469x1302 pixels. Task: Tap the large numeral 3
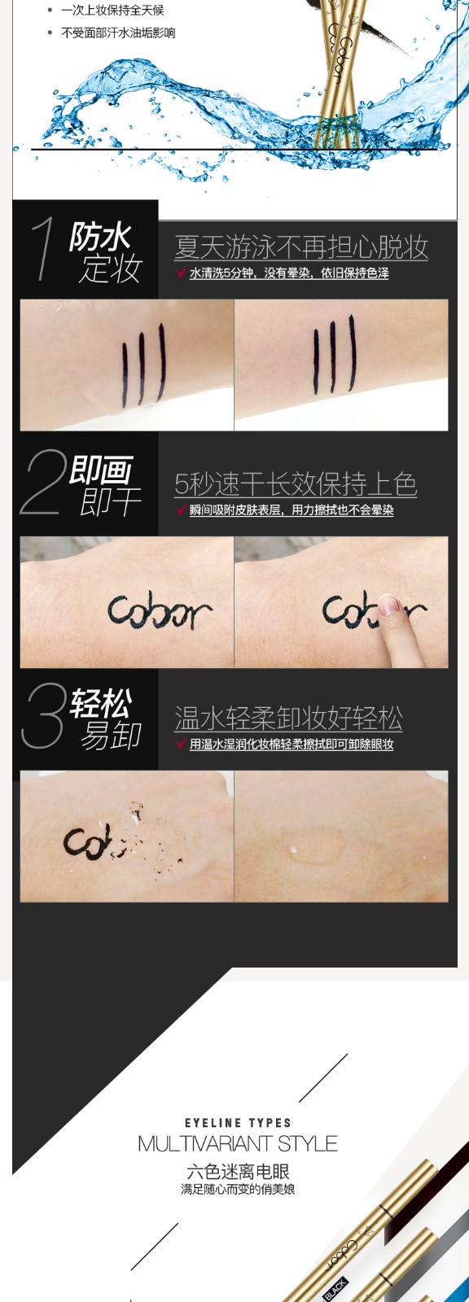click(x=42, y=715)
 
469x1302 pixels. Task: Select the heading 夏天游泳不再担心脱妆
click(x=301, y=247)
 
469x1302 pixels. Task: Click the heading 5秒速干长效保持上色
click(x=296, y=483)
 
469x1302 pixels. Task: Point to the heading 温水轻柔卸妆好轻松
click(x=288, y=719)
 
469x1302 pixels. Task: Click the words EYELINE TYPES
click(x=238, y=1123)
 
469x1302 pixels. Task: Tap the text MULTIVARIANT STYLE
click(x=238, y=1144)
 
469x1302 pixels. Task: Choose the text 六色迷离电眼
click(x=238, y=1171)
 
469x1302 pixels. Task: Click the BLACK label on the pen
click(x=335, y=1289)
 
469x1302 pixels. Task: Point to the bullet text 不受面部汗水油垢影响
click(x=118, y=33)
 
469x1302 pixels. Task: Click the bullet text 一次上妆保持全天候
click(x=112, y=10)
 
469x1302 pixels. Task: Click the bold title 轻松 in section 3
click(x=100, y=704)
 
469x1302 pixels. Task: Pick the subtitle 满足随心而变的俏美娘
click(x=238, y=1189)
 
